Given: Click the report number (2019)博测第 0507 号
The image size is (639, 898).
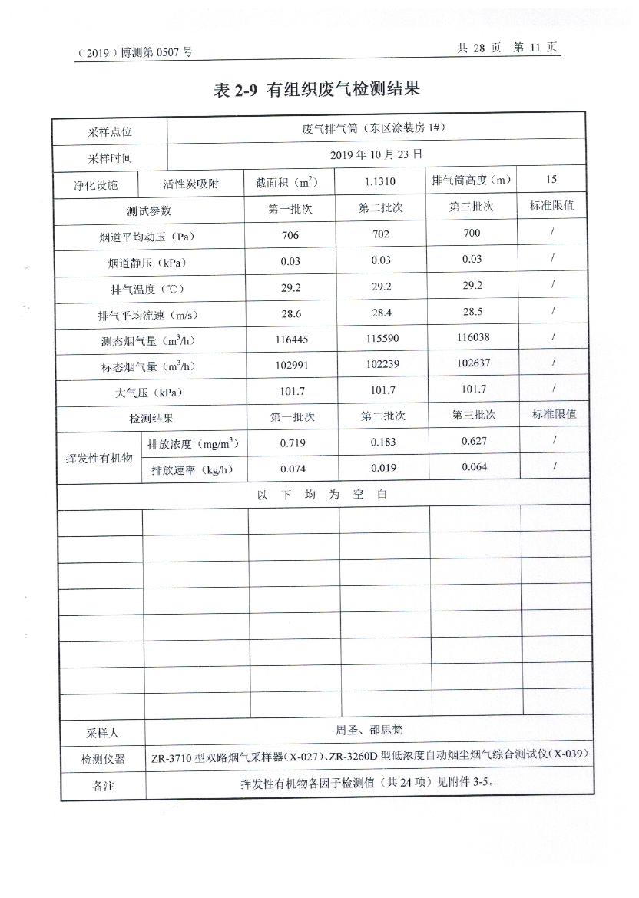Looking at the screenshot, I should coord(134,52).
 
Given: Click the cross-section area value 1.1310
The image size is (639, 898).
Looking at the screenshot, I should coord(381,182).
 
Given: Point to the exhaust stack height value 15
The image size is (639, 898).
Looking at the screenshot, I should coord(551,180).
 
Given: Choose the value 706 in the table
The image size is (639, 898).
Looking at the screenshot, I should coord(290,235).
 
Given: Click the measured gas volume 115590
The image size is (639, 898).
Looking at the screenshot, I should coord(381,339).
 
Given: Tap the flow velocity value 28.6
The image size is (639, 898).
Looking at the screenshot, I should coord(291,314).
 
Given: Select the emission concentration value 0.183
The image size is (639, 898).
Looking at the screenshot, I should coord(382,442).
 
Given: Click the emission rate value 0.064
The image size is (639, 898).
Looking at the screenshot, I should coord(474,467).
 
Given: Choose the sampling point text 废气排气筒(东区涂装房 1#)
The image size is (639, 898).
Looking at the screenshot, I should coord(373,128).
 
